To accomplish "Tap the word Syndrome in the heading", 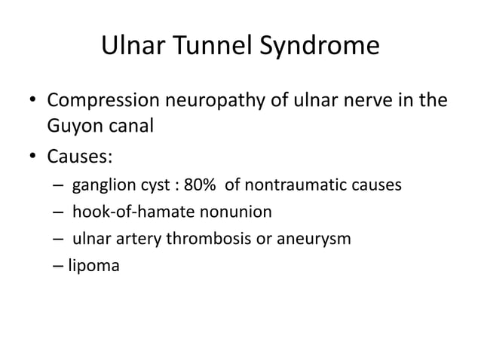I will click(x=320, y=47).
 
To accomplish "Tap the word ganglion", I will click(x=105, y=185).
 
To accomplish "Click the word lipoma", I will click(x=93, y=266).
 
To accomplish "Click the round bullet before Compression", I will click(x=32, y=100).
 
